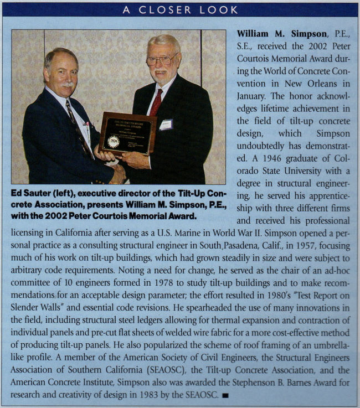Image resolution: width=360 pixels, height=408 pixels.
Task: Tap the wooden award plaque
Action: (x=127, y=133)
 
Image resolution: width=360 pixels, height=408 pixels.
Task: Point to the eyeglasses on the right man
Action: (x=162, y=59)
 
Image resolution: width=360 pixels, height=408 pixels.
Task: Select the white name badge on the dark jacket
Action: (x=166, y=125)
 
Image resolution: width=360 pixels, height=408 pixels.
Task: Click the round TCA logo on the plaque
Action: (x=114, y=142)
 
